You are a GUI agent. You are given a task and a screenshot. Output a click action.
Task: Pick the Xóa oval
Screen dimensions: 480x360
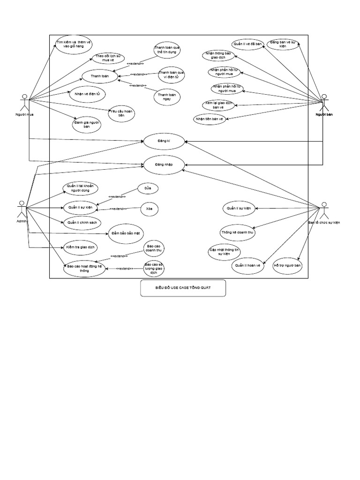149,208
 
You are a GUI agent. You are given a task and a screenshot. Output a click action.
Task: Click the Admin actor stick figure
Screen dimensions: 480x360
21,209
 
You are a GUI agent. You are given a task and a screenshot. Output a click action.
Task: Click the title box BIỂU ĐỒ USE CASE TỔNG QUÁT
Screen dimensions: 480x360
183,288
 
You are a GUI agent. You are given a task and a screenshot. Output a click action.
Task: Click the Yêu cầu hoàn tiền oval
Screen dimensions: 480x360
121,113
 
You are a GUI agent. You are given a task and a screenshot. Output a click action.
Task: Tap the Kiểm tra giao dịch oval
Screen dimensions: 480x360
81,246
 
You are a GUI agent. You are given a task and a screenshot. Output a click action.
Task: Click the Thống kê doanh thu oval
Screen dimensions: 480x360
238,232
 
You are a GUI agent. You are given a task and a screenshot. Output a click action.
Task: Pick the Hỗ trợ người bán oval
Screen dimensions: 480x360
287,265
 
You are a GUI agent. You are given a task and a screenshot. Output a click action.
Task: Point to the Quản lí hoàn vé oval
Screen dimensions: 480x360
248,266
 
